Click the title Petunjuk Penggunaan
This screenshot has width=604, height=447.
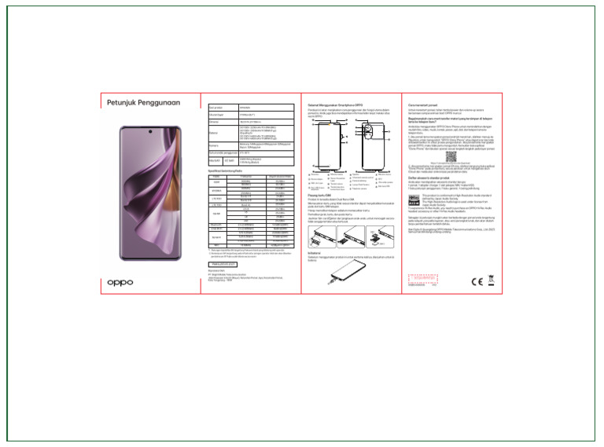(x=144, y=102)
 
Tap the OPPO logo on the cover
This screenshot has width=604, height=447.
(x=120, y=281)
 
